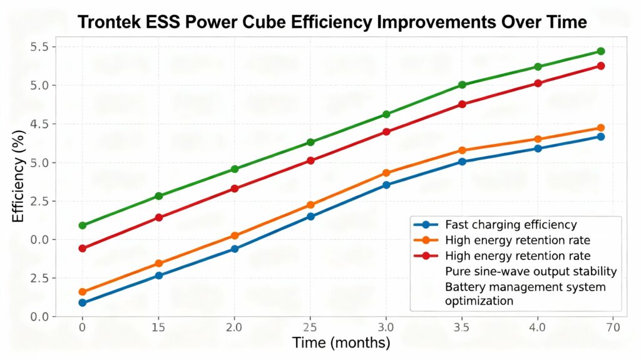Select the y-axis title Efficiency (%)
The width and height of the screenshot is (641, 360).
[19, 182]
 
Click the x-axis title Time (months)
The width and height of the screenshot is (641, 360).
[341, 343]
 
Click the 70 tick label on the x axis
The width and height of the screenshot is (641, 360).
[613, 327]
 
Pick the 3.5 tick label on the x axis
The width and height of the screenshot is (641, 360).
[462, 327]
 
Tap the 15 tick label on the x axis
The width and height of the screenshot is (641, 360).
[158, 327]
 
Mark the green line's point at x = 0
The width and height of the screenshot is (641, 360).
[82, 225]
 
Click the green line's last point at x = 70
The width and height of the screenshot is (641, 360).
[601, 51]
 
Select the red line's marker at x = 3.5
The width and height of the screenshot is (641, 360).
[462, 105]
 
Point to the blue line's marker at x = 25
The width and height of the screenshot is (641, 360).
[310, 217]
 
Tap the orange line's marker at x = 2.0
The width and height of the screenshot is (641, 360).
[235, 236]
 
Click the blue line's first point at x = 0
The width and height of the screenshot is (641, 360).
[82, 303]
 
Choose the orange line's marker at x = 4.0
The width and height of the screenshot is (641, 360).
[538, 140]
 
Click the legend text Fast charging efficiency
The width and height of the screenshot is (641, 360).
[511, 224]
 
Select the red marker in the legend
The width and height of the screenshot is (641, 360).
[426, 255]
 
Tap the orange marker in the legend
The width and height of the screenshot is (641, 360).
[426, 240]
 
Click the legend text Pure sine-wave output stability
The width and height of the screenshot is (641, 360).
[531, 271]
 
